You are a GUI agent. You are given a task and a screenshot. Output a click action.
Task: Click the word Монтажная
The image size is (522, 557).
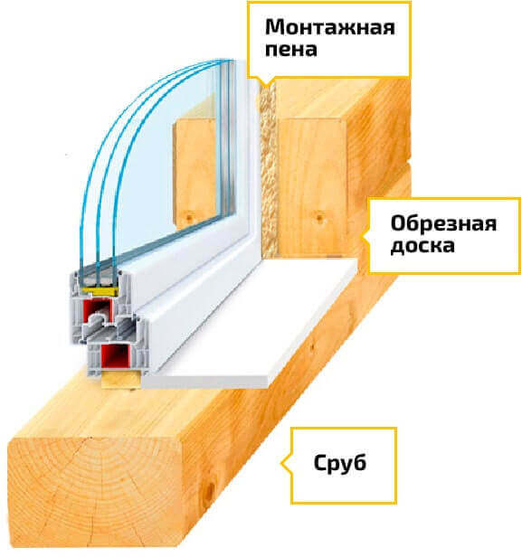click(330, 27)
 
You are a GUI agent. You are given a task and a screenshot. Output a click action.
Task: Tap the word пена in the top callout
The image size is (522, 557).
click(291, 50)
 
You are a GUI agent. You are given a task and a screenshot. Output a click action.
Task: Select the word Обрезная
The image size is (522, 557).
click(443, 223)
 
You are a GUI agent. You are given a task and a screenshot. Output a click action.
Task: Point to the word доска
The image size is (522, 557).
click(422, 246)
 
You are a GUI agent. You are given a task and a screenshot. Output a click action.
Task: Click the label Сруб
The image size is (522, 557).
click(340, 463)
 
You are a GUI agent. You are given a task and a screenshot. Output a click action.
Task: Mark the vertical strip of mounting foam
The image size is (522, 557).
click(269, 169)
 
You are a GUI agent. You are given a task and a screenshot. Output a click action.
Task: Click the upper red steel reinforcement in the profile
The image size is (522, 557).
click(98, 309)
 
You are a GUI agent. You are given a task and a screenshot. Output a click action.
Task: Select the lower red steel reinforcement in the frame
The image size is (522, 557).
click(115, 356)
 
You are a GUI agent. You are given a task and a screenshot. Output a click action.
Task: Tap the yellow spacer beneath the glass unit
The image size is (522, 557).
click(100, 291)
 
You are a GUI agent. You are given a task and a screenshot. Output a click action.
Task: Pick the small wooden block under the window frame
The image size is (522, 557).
click(120, 380)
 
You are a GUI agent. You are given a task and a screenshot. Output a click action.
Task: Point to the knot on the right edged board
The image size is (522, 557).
click(318, 216)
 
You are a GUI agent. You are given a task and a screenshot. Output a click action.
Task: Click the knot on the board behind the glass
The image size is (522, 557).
click(189, 215)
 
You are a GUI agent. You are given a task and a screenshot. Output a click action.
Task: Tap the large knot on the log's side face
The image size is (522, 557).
click(210, 491)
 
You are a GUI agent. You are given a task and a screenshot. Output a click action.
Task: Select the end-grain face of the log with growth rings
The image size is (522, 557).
click(94, 494)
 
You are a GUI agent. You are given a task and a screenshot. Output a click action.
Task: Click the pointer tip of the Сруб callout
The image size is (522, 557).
click(281, 463)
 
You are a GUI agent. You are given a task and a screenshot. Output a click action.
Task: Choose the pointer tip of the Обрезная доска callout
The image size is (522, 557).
click(361, 236)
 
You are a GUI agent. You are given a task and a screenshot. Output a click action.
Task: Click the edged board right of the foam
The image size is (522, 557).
click(312, 186)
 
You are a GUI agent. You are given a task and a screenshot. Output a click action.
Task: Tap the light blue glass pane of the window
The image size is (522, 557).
click(167, 160)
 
